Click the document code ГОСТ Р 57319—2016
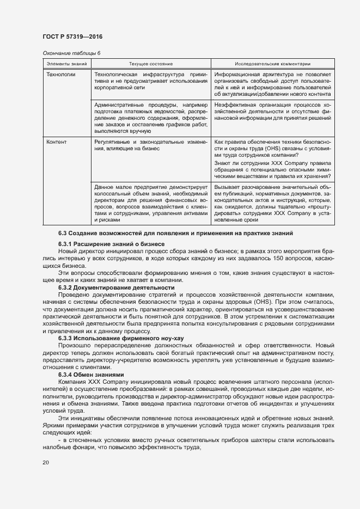(72, 37)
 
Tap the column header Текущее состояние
(151, 64)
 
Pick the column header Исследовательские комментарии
(272, 64)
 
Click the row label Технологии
(61, 73)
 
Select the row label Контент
(57, 142)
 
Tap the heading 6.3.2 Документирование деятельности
(116, 287)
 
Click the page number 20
(46, 462)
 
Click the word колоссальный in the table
(112, 193)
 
